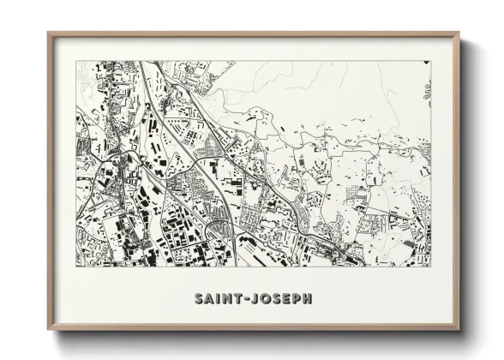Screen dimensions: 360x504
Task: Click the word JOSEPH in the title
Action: point(279,298)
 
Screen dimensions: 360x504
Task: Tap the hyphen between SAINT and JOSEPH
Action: point(243,298)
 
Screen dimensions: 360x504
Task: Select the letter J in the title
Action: point(250,298)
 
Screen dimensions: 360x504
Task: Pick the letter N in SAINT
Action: point(225,298)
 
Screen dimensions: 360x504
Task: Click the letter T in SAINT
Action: point(235,298)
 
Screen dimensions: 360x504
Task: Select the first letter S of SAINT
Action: point(198,298)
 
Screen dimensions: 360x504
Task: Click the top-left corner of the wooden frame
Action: point(48,33)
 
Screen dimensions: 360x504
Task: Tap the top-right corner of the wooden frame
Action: point(459,33)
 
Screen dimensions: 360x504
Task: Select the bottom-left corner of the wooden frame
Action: point(48,330)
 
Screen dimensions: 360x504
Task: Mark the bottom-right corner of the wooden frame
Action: point(459,330)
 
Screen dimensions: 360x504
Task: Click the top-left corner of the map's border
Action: point(76,61)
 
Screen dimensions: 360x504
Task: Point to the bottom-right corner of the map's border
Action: point(430,266)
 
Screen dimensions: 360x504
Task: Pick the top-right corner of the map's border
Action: point(430,61)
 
